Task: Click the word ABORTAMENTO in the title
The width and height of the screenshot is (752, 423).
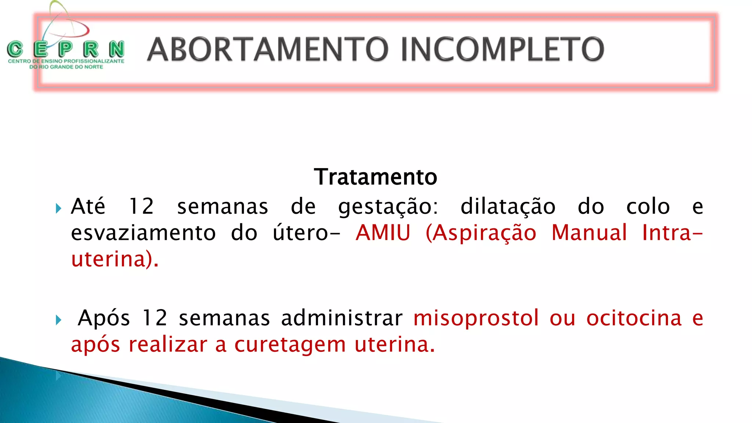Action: [268, 49]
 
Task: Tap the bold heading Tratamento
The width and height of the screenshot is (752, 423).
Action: [376, 177]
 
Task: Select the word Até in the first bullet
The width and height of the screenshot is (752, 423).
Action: [88, 206]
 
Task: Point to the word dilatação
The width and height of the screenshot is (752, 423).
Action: [508, 206]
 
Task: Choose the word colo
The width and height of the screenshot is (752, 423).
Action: [648, 206]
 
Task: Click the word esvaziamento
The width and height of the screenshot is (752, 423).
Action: [143, 233]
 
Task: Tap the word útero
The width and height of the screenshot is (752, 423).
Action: [300, 233]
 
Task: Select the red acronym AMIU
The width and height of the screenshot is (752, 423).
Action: [383, 233]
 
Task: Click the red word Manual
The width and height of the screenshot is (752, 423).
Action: [589, 233]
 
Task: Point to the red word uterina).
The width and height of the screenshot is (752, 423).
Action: [115, 260]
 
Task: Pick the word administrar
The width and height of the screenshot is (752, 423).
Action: [341, 318]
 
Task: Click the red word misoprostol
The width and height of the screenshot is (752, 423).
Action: [476, 318]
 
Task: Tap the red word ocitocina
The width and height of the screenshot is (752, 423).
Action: [634, 318]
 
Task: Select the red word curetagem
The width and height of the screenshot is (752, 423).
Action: [290, 345]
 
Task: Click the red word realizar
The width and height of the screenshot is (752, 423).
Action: [168, 345]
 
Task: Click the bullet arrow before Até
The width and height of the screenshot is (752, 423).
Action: [58, 209]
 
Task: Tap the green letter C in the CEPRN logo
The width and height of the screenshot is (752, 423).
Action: [15, 49]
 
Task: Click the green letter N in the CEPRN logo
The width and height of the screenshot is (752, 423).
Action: [116, 49]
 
